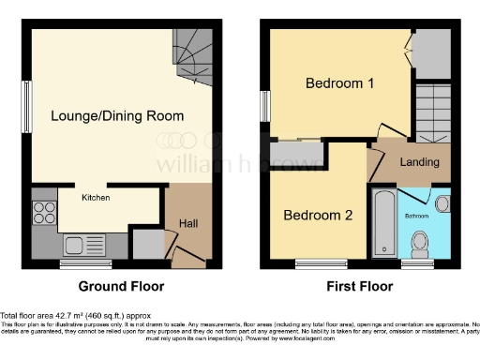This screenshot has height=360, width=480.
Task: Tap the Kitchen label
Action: [96, 198]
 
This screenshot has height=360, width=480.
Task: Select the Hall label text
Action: [187, 222]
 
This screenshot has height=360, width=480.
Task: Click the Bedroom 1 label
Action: [340, 83]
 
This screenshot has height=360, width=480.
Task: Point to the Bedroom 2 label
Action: [319, 215]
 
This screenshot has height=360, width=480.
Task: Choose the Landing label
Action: [419, 162]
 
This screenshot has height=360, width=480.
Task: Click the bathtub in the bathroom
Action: [384, 224]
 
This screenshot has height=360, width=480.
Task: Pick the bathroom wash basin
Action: [442, 203]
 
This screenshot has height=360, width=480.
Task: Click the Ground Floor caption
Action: [121, 285]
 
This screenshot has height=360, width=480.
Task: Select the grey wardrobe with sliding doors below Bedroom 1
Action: [297, 153]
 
